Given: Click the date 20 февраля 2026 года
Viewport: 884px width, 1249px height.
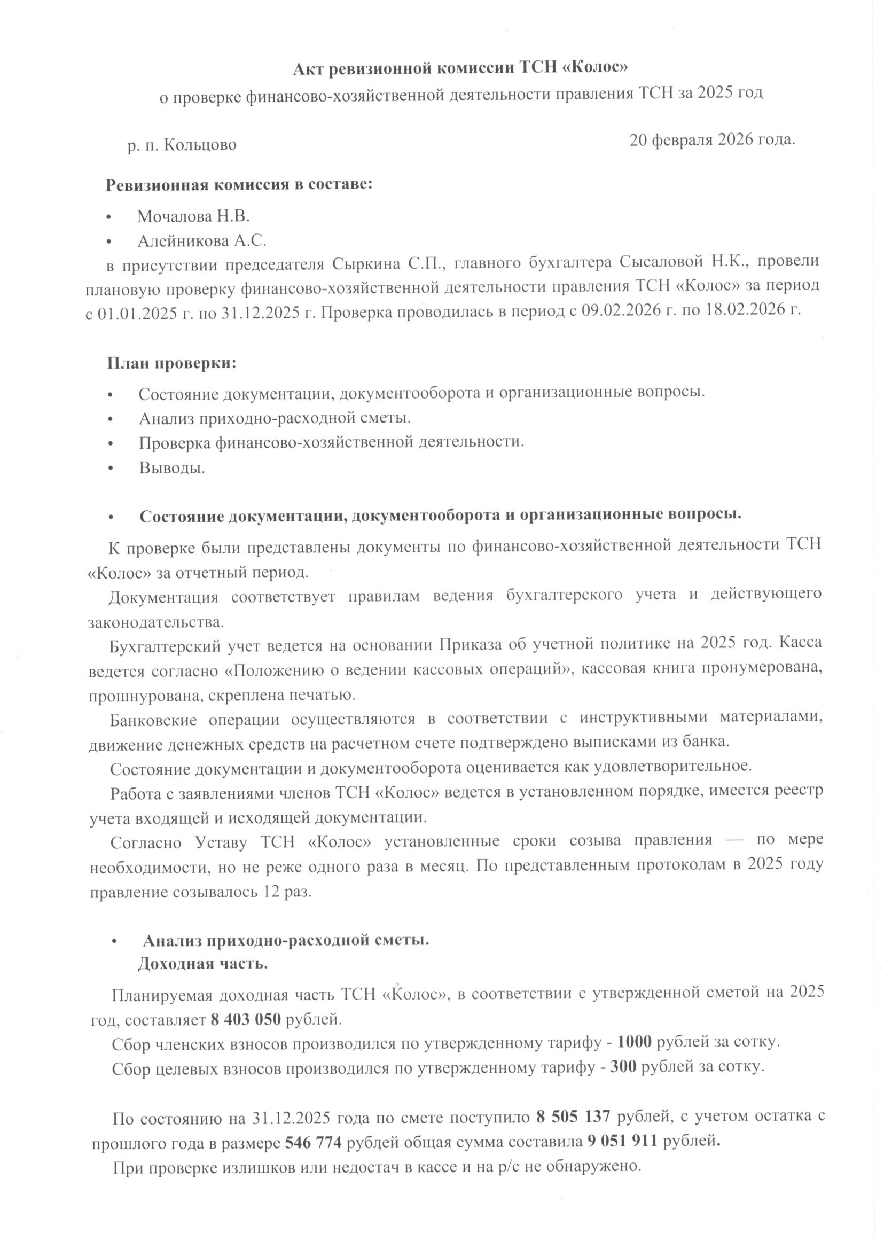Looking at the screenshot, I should click(713, 140).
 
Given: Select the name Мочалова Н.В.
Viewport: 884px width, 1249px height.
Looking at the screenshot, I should click(193, 217).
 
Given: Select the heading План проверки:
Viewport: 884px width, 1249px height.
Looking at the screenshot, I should click(171, 363).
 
